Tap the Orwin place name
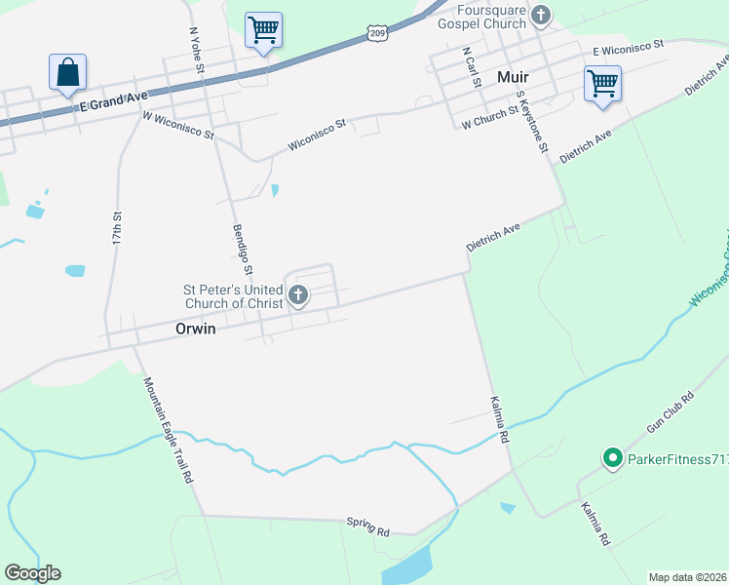click(x=194, y=330)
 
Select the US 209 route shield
click(x=378, y=33)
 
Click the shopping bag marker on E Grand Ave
click(x=67, y=72)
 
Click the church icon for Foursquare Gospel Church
click(x=542, y=16)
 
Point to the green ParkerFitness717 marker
click(x=612, y=456)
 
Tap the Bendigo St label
click(x=243, y=250)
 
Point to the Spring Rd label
click(x=367, y=527)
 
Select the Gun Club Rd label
click(x=671, y=413)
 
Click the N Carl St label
click(x=472, y=66)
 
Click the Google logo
click(x=32, y=573)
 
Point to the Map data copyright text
click(x=686, y=577)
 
